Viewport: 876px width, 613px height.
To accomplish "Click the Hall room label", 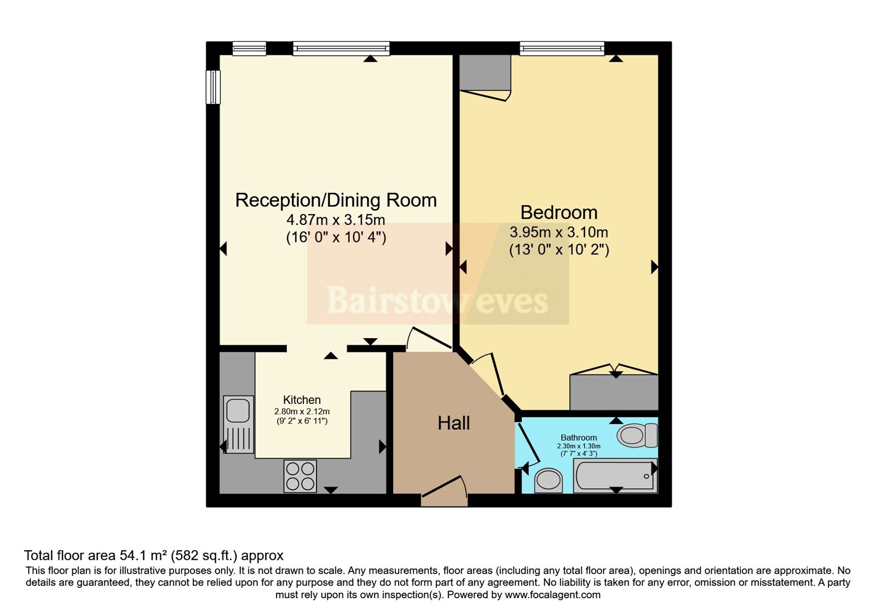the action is [453, 424].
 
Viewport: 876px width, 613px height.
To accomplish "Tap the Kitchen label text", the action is [302, 400].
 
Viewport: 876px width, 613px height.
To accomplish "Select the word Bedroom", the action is [559, 213].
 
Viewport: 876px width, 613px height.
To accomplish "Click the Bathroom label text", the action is [578, 437].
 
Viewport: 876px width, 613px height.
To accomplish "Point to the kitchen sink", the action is [238, 425].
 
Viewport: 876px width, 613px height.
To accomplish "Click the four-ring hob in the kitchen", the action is [300, 476].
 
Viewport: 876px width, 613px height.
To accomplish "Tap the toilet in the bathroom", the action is [637, 435].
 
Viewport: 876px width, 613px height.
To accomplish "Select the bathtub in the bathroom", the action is [615, 476].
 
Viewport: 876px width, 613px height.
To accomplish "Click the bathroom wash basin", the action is [548, 481].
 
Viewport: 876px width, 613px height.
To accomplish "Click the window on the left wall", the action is [213, 87].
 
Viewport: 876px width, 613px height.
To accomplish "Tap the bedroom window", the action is [562, 48].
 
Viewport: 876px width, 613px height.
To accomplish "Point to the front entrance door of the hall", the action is [444, 491].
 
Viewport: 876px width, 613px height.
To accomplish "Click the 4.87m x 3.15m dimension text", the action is [336, 219].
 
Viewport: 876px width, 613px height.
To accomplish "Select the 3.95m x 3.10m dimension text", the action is [558, 233].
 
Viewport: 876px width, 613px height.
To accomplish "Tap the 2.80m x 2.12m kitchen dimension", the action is [302, 412].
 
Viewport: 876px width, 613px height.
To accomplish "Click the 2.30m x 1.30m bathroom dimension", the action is [579, 446].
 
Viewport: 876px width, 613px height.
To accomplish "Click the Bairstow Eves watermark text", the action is [437, 300].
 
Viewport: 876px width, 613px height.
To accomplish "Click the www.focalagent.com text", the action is [552, 595].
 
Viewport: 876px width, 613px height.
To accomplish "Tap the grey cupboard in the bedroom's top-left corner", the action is [485, 73].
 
